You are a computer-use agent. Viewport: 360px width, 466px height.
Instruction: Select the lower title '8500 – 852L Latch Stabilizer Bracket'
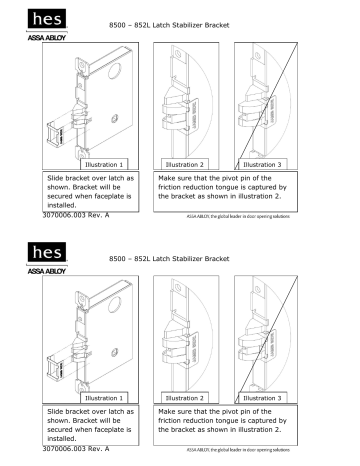pyautogui.click(x=176, y=258)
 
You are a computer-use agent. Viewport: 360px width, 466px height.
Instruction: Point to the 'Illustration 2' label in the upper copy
pyautogui.click(x=184, y=162)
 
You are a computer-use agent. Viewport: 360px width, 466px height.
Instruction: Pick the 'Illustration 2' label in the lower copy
pyautogui.click(x=184, y=397)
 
